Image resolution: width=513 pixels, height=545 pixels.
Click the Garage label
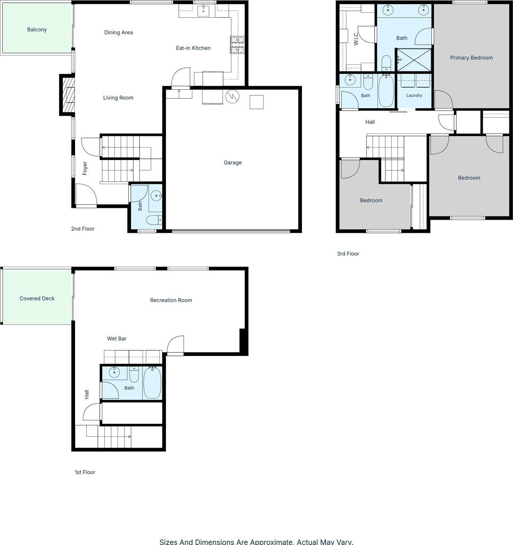(232, 162)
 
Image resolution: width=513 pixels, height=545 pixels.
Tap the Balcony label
(37, 29)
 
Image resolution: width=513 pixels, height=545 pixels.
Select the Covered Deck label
(37, 298)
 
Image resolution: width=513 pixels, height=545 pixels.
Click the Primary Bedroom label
(471, 58)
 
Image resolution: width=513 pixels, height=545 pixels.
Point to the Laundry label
(414, 95)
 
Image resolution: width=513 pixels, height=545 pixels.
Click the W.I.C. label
(356, 39)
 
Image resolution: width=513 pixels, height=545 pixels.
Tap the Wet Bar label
(117, 339)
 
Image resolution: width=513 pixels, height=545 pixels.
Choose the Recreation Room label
(171, 300)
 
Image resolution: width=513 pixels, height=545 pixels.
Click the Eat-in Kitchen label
(193, 48)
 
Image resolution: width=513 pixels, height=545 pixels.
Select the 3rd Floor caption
(348, 253)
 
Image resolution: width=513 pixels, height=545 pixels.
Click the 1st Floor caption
(85, 472)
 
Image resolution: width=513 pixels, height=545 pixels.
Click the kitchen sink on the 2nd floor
(203, 11)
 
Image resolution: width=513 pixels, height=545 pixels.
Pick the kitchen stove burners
(238, 45)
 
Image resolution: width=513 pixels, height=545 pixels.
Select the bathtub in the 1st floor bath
(152, 383)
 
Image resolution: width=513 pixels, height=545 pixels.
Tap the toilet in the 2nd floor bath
(154, 220)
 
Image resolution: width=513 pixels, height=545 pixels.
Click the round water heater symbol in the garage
(232, 97)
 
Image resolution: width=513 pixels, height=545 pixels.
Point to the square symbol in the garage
(256, 102)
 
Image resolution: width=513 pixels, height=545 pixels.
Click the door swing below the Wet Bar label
(175, 345)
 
